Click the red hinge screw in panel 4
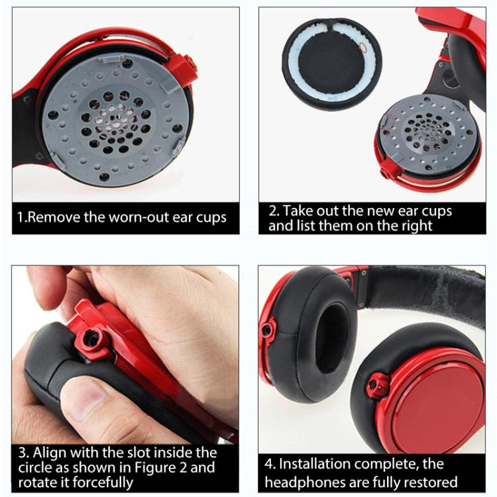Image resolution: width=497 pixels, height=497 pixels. coord(380,383)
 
